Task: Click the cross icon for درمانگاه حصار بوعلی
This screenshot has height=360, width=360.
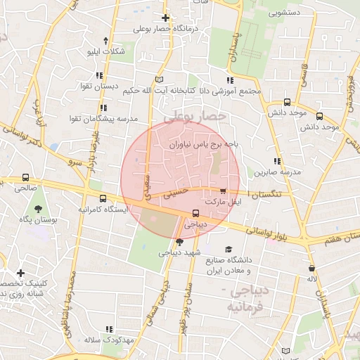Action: [x=165, y=18]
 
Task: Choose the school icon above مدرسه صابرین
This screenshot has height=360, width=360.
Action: [x=278, y=161]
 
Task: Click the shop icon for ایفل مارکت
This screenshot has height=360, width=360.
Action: [x=223, y=191]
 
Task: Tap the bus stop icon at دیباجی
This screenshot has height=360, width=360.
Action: [x=196, y=214]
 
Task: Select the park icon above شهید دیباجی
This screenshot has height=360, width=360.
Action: [x=179, y=241]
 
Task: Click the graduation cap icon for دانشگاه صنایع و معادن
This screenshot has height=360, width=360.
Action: [x=229, y=249]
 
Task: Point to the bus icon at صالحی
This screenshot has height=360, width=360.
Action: [x=26, y=178]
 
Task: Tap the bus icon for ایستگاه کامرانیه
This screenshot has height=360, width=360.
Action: [x=103, y=199]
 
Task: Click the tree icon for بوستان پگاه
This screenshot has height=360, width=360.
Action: [x=37, y=209]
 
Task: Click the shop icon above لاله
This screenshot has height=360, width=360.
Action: [x=311, y=268]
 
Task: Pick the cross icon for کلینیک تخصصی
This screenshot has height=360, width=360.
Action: [x=20, y=273]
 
